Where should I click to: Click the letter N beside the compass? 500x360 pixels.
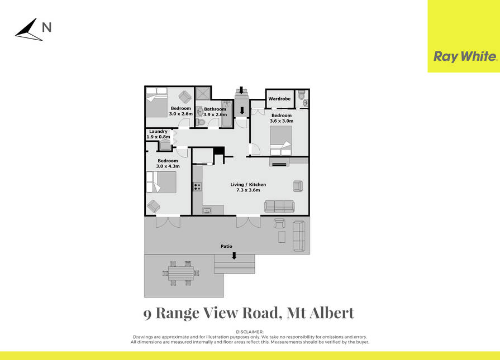click(46, 27)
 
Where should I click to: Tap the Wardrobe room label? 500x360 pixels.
click(279, 99)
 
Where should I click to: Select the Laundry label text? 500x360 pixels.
click(158, 131)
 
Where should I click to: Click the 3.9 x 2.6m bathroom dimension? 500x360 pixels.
click(215, 114)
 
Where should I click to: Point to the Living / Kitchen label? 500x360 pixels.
click(248, 184)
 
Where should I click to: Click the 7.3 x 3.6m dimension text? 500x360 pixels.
click(248, 190)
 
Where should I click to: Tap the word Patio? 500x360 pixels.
click(226, 246)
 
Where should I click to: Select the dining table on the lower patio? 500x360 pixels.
click(181, 273)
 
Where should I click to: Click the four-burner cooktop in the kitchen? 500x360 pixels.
click(197, 186)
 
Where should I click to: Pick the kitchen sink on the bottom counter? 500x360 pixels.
click(207, 210)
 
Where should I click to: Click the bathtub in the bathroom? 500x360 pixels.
click(227, 114)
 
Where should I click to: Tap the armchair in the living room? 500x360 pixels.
click(298, 186)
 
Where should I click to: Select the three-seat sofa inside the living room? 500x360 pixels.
click(279, 207)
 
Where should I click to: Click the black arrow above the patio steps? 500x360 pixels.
click(234, 256)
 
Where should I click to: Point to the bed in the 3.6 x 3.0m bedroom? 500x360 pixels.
click(281, 141)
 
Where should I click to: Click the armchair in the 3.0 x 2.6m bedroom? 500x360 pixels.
click(184, 97)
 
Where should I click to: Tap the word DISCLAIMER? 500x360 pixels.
click(250, 332)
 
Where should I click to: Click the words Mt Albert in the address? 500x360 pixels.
click(321, 313)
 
